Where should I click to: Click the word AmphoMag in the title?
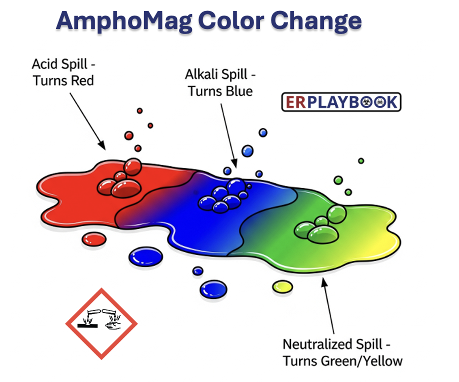coord(124,21)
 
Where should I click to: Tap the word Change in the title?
coord(316,21)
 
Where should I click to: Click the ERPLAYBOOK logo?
coord(341,102)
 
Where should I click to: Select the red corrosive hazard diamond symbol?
coord(101,323)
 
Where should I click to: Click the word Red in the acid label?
coord(82,81)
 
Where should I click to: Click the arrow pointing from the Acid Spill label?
coord(87,121)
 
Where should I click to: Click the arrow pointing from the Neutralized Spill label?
coord(328,305)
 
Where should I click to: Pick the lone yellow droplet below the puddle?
coord(282,287)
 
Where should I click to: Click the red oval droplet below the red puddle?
coord(94,239)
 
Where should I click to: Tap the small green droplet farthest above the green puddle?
coord(361,160)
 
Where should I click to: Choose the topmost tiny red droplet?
coord(139,111)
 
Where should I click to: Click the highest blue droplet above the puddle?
coord(263,132)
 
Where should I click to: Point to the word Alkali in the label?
coord(201,74)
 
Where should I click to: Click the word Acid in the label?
coord(43,64)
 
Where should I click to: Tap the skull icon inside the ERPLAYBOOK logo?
coord(379,102)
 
